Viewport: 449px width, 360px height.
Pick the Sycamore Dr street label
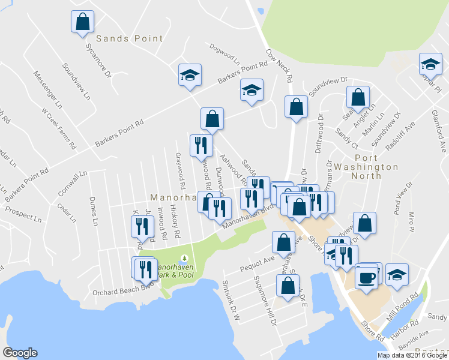coord(98,60)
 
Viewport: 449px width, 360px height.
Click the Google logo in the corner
coord(20,353)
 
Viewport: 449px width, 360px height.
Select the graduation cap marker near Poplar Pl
coord(430,64)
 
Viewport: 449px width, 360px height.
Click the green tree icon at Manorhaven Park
coord(183,258)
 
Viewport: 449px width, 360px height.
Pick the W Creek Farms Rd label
coord(58,128)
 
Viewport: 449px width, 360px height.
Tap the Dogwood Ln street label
coord(224,54)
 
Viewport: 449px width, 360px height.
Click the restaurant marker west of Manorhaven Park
coord(145,269)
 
